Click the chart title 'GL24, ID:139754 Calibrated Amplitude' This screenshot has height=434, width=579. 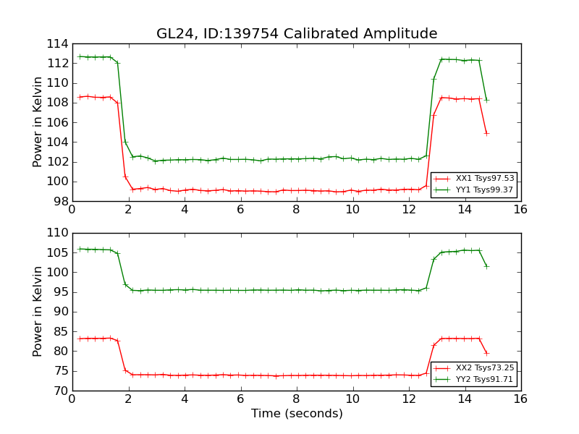pos(297,34)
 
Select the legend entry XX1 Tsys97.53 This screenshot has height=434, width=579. pos(484,178)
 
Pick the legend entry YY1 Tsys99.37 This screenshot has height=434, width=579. pos(484,190)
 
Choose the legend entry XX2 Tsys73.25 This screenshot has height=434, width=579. pos(484,367)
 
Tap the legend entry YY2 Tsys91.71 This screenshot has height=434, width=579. pos(484,379)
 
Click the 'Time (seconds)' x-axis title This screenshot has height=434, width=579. pos(297,414)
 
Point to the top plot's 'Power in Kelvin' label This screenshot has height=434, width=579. pos(38,122)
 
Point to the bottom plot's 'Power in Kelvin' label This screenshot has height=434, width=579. pos(38,312)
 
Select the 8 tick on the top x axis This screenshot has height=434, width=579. pos(296,209)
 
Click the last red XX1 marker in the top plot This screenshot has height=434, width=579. pos(486,133)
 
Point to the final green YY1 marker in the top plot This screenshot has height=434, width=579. pos(486,100)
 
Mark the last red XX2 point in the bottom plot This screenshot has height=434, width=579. pos(486,353)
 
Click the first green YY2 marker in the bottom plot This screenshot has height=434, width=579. pos(80,249)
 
